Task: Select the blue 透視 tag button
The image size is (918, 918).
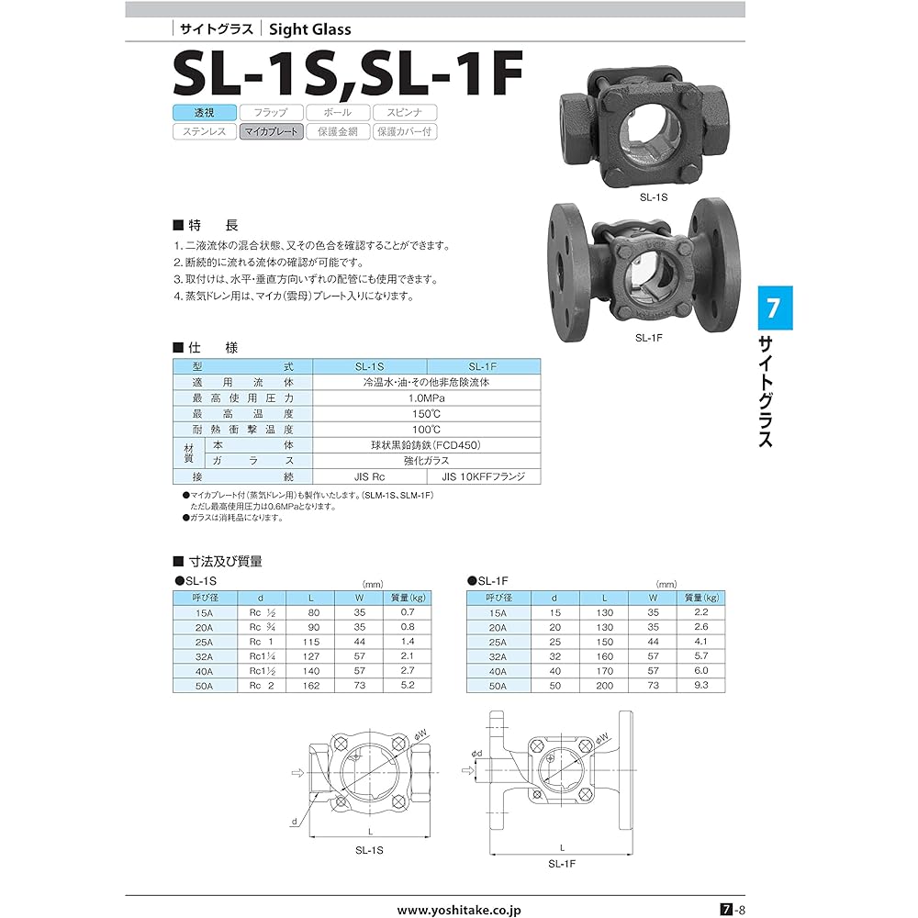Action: [x=203, y=113]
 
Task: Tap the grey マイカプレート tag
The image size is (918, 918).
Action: [x=269, y=131]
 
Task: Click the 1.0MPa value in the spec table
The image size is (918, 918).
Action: [x=427, y=397]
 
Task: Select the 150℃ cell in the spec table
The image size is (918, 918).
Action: [x=427, y=413]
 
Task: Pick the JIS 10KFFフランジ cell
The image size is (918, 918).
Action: [x=484, y=476]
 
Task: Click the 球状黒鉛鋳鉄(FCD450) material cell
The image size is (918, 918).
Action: [x=427, y=444]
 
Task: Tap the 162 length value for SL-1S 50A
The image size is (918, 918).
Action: [x=312, y=686]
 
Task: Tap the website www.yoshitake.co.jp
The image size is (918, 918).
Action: [x=459, y=910]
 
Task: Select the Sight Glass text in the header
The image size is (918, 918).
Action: [x=310, y=29]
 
